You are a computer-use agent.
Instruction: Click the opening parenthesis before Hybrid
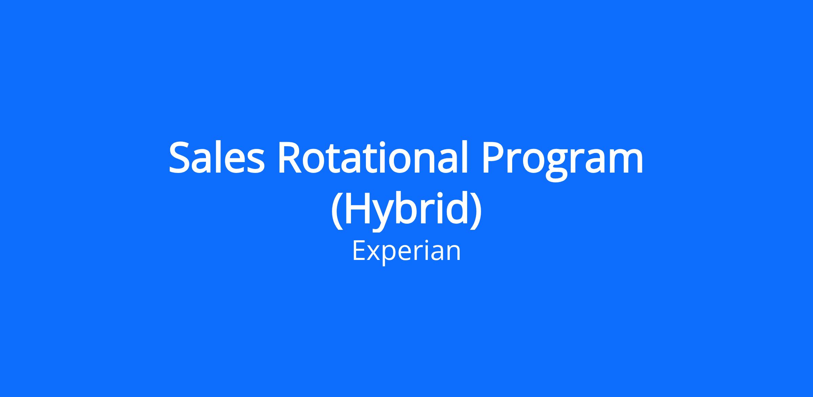tap(336, 211)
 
